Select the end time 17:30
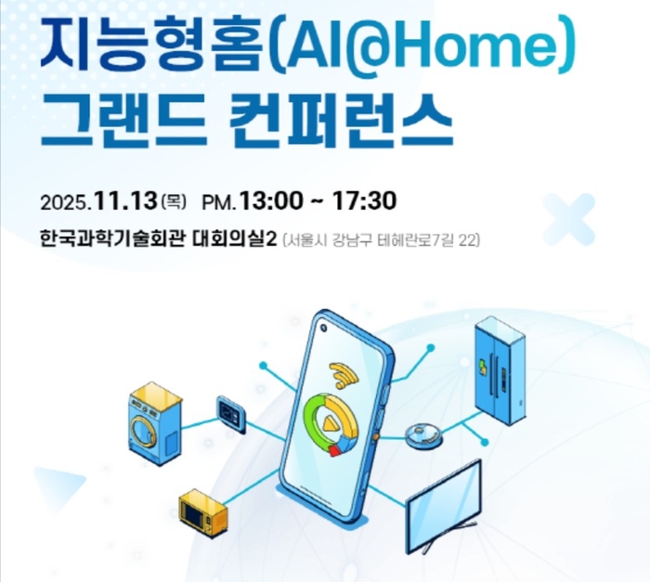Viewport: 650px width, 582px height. coord(365,200)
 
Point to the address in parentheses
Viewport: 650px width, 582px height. coord(380,240)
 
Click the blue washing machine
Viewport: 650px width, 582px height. coord(156,421)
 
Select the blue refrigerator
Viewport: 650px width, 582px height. coord(500,370)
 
